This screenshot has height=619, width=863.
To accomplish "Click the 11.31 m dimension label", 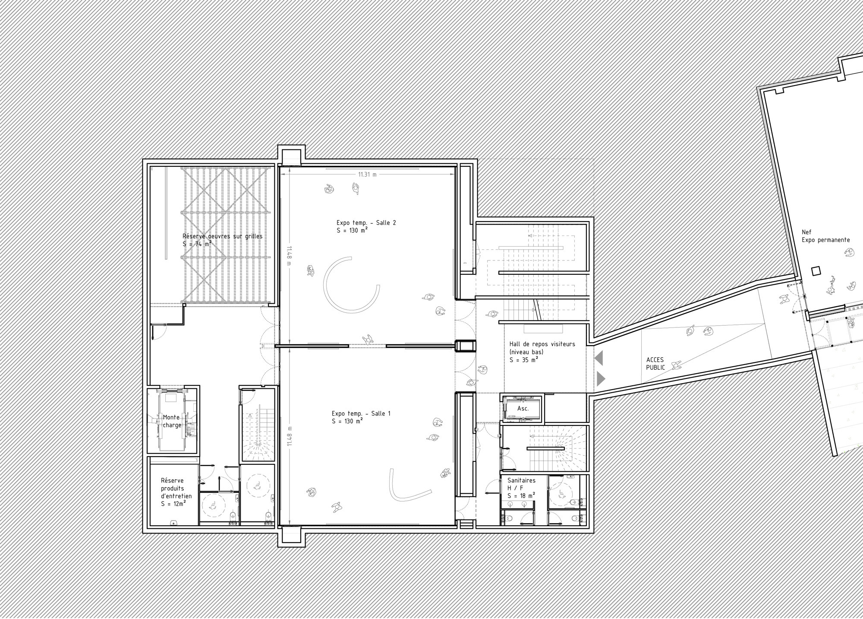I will click(x=367, y=175).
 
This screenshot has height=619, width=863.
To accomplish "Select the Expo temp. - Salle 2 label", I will click(x=366, y=223).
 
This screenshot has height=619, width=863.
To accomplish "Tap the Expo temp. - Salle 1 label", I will click(x=361, y=413).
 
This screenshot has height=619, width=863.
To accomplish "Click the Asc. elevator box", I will click(x=523, y=409).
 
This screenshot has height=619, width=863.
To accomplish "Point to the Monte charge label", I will click(x=172, y=421).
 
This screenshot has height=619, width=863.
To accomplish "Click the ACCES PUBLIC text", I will click(x=655, y=364).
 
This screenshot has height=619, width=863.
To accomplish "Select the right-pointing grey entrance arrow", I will click(x=601, y=379).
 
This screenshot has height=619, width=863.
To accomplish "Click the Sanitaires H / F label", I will click(x=521, y=484).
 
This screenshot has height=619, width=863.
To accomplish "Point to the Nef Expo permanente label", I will click(x=825, y=236).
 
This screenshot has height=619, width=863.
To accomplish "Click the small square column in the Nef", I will click(x=815, y=271).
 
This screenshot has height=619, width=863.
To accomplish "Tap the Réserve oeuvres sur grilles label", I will click(x=222, y=236).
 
